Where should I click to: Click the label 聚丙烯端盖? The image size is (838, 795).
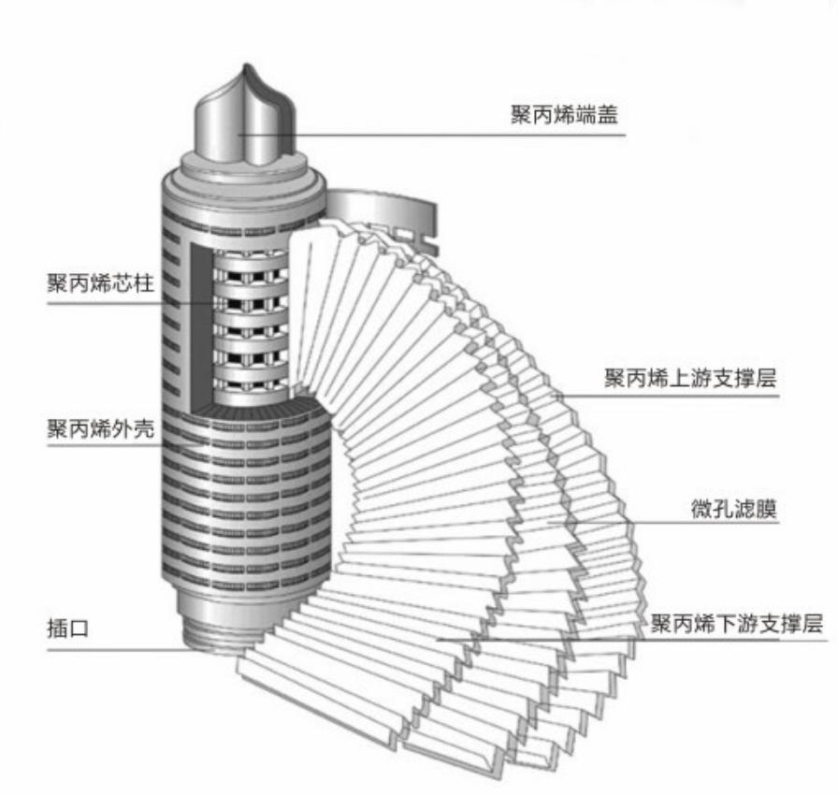(564, 115)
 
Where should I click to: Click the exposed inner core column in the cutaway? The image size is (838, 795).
(249, 318)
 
